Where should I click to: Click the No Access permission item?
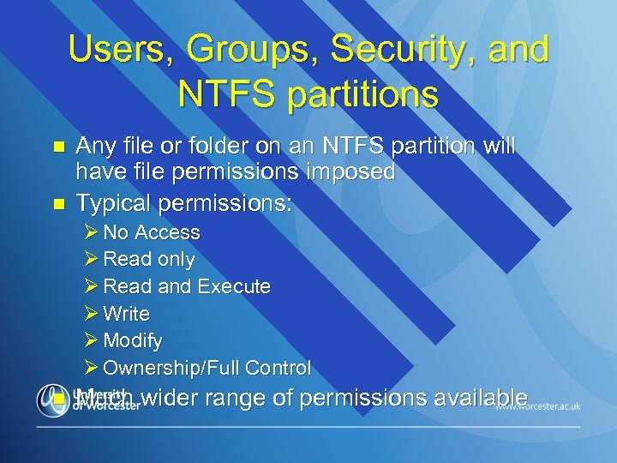pyautogui.click(x=151, y=232)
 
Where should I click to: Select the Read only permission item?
pyautogui.click(x=148, y=259)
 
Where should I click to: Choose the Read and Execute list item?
pyautogui.click(x=186, y=286)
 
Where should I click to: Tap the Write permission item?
pyautogui.click(x=126, y=314)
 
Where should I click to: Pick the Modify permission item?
pyautogui.click(x=132, y=340)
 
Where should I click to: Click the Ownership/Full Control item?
pyautogui.click(x=207, y=368)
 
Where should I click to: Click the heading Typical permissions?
pyautogui.click(x=184, y=203)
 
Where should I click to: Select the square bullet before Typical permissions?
pyautogui.click(x=57, y=204)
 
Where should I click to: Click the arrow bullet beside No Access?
pyautogui.click(x=92, y=232)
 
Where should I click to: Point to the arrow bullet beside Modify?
pyautogui.click(x=92, y=340)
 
